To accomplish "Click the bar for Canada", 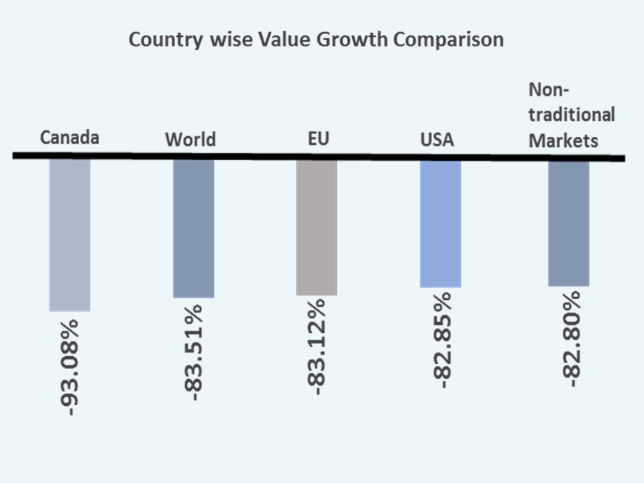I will [70, 235].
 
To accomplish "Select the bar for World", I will [193, 228].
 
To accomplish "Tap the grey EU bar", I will [317, 227].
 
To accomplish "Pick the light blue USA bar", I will [440, 223].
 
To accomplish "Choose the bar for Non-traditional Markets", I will [568, 223].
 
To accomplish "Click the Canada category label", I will [70, 138].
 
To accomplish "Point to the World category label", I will [191, 140].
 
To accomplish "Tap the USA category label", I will [437, 140].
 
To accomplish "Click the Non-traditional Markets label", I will [572, 115].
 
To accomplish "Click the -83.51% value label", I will [194, 352].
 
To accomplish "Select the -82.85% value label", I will [441, 340].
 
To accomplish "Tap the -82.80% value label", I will [569, 339].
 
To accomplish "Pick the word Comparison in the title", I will [448, 40].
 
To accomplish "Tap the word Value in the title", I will [281, 40].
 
